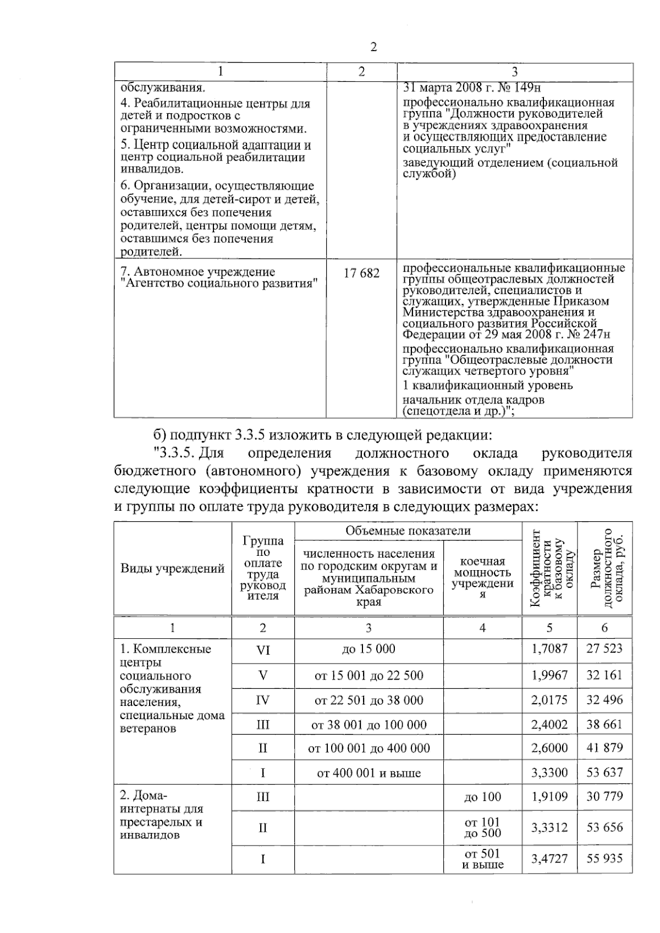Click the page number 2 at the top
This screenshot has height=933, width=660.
pyautogui.click(x=373, y=47)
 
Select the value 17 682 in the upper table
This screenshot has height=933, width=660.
pyautogui.click(x=361, y=273)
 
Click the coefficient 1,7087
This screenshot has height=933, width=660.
pyautogui.click(x=549, y=649)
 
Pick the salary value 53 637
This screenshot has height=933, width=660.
pyautogui.click(x=604, y=772)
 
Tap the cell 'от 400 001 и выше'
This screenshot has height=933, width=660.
pyautogui.click(x=369, y=773)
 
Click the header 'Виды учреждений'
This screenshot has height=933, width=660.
pyautogui.click(x=172, y=568)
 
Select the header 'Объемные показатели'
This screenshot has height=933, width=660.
pyautogui.click(x=408, y=531)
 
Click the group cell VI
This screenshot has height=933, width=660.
pyautogui.click(x=263, y=650)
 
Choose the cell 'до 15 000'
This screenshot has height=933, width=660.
pyautogui.click(x=369, y=649)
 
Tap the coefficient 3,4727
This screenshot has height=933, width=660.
pyautogui.click(x=549, y=858)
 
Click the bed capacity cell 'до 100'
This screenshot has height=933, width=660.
pyautogui.click(x=482, y=797)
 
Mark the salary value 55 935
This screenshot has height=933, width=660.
pyautogui.click(x=604, y=858)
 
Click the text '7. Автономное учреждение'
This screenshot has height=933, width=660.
pyautogui.click(x=197, y=272)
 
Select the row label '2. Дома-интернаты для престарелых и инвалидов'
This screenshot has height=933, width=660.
pyautogui.click(x=162, y=815)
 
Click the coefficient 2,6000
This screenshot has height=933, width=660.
pyautogui.click(x=549, y=748)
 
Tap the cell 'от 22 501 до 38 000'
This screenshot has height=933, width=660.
pyautogui.click(x=369, y=700)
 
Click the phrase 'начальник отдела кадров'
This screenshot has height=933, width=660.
pyautogui.click(x=474, y=400)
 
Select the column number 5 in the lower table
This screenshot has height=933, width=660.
pyautogui.click(x=549, y=628)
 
